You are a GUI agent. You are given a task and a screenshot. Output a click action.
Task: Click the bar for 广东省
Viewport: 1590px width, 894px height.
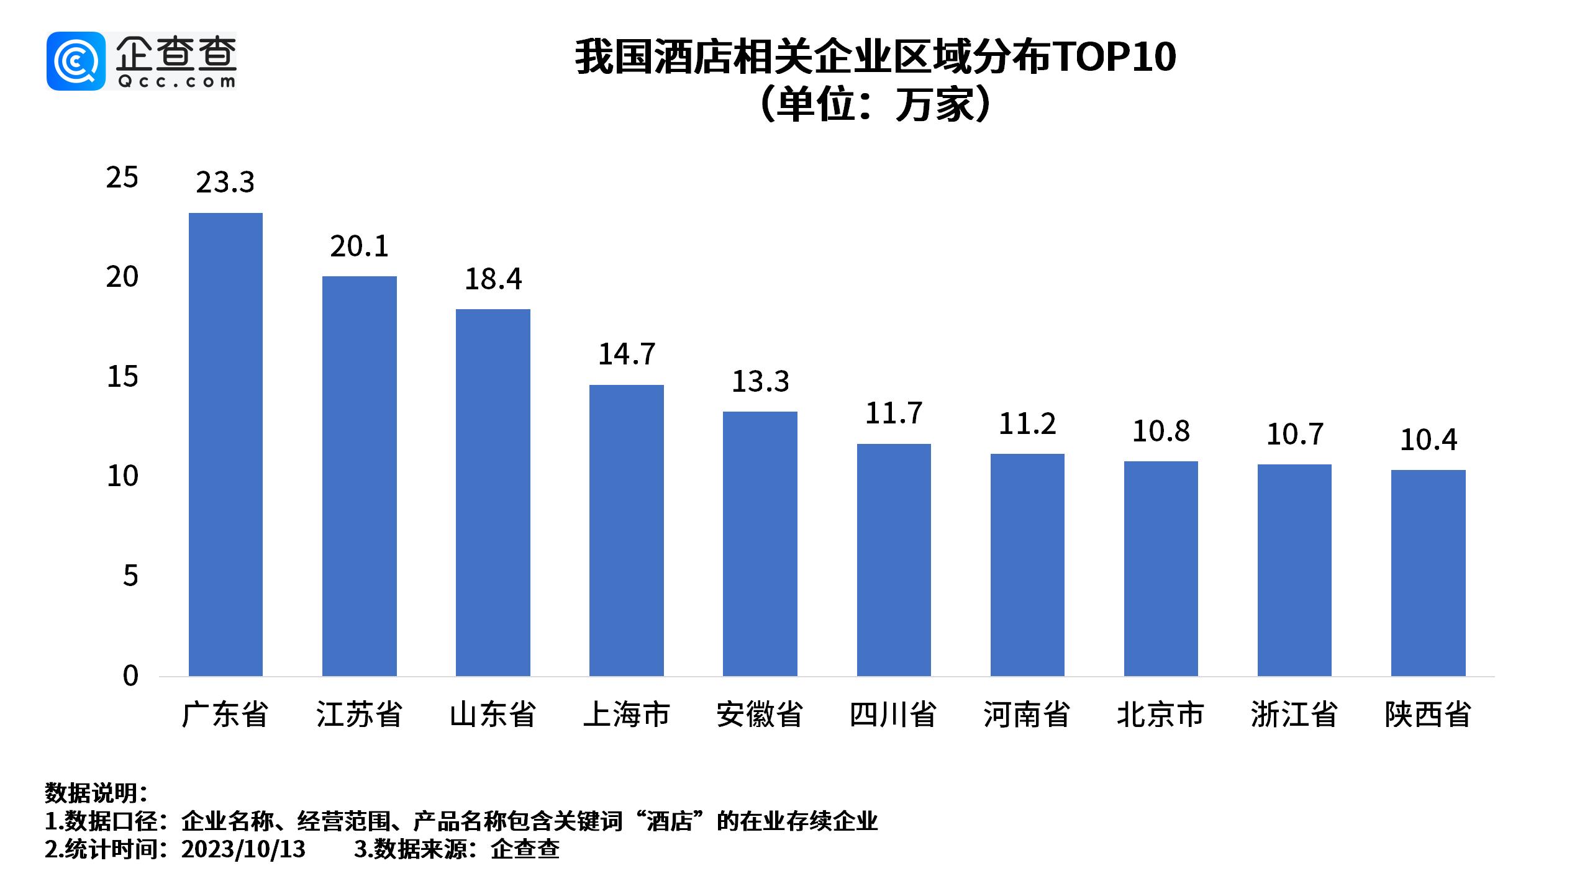[x=225, y=444]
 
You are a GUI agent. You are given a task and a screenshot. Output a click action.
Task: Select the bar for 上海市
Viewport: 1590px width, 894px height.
[x=626, y=530]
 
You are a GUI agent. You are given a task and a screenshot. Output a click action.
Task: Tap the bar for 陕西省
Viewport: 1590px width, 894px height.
[x=1428, y=572]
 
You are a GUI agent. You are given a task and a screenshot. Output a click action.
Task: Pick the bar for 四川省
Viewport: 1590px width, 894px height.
[x=894, y=559]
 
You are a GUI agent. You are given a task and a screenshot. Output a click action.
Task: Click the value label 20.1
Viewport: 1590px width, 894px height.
[x=359, y=247]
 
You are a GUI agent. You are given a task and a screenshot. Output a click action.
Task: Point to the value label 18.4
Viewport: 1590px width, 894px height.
[x=493, y=279]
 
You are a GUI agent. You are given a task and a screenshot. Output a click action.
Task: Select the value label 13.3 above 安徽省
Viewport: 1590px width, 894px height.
[x=760, y=382]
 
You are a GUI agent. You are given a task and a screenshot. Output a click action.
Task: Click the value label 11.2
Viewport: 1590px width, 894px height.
[x=1027, y=425]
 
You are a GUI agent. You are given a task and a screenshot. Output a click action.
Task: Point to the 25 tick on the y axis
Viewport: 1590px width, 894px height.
[x=122, y=178]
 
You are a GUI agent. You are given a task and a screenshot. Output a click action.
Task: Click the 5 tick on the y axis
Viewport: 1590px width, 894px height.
[x=130, y=576]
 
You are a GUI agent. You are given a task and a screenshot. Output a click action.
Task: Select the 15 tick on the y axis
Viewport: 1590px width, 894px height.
[x=122, y=377]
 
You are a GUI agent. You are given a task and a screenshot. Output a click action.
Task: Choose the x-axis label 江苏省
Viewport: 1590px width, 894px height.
[x=359, y=715]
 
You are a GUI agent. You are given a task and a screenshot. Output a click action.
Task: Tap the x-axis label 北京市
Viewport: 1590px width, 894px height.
[x=1161, y=715]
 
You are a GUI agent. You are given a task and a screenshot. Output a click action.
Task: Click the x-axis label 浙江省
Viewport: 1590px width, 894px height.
[x=1294, y=715]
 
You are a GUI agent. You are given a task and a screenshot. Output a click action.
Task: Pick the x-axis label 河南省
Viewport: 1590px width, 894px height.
[x=1027, y=715]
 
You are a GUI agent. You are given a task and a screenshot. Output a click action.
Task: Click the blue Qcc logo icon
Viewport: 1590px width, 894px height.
[x=76, y=61]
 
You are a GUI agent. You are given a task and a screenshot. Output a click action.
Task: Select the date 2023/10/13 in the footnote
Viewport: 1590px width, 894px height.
[x=243, y=849]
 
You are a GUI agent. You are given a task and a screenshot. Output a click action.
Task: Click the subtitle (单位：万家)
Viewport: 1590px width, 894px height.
[x=874, y=106]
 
